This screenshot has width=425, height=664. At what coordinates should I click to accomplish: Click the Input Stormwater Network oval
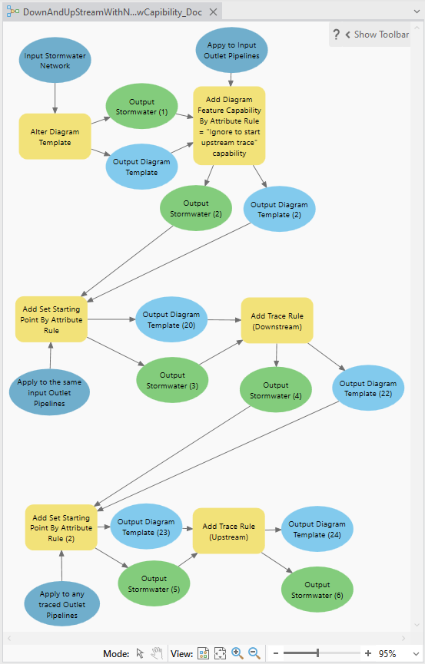[x=55, y=61]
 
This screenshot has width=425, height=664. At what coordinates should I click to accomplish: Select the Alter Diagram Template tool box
[x=55, y=137]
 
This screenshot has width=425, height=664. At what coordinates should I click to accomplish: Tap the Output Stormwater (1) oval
[x=141, y=107]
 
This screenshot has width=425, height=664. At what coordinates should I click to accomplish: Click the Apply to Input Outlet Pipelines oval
[x=232, y=51]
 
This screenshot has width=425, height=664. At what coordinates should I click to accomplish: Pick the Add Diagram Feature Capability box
[x=229, y=125]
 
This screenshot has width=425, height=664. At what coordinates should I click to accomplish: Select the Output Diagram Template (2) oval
[x=279, y=210]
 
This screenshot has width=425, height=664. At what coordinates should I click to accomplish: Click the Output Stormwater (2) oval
[x=196, y=209]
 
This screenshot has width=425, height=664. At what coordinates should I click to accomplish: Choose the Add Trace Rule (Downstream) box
[x=277, y=321]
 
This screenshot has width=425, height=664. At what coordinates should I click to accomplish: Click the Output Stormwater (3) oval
[x=172, y=381]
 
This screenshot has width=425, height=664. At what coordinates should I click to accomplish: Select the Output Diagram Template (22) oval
[x=368, y=388]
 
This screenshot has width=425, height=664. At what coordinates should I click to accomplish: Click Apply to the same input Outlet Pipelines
[x=49, y=392]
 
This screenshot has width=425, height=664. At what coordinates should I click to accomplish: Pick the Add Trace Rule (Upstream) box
[x=229, y=531]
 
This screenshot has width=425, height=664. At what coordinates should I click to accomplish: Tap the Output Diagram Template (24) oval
[x=317, y=529]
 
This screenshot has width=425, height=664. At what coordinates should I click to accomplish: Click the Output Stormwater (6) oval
[x=317, y=590]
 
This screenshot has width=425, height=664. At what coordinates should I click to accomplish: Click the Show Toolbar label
[x=381, y=35]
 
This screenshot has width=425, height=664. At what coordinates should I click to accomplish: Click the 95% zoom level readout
[x=387, y=653]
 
